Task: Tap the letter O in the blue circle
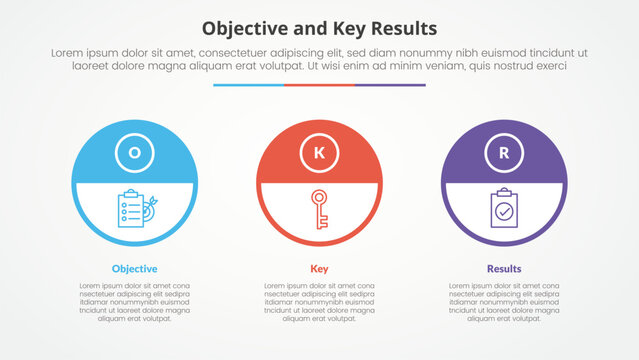(134, 153)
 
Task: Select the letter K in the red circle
(319, 153)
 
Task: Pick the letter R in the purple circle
(504, 153)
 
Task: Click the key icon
(319, 208)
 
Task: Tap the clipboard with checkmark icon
(504, 208)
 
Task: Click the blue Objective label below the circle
(134, 269)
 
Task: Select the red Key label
(319, 269)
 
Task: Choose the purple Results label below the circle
(504, 269)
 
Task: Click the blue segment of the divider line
(248, 85)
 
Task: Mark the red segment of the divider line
(319, 85)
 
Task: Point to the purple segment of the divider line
(390, 85)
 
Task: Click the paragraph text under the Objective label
(134, 302)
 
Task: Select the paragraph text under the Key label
(319, 302)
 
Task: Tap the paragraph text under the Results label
(504, 302)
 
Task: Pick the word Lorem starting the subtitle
(65, 51)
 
